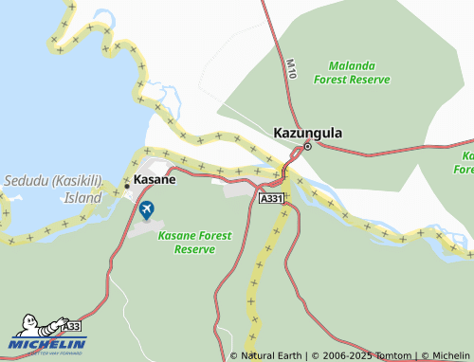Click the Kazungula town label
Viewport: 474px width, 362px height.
click(x=308, y=134)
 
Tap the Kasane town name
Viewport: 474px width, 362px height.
click(x=154, y=179)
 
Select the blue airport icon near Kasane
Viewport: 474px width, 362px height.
click(x=146, y=209)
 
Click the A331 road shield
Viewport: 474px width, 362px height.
click(x=271, y=198)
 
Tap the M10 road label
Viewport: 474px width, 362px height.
click(x=291, y=67)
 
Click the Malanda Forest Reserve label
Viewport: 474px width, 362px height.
click(x=358, y=73)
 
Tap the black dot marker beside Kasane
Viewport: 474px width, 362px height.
click(x=127, y=186)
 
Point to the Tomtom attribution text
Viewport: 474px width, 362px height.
click(x=392, y=355)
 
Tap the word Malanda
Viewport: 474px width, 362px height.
click(x=351, y=66)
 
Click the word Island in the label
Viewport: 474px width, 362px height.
click(x=82, y=199)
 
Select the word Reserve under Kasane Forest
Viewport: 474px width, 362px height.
click(x=194, y=248)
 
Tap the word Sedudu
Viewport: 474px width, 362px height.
click(x=25, y=180)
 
